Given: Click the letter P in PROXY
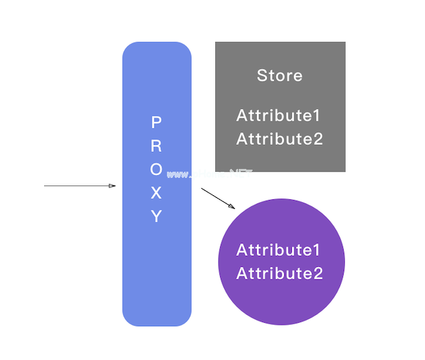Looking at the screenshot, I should click(x=157, y=123).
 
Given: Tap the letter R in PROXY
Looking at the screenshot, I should click(x=157, y=146).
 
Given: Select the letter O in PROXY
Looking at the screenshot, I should click(x=157, y=170).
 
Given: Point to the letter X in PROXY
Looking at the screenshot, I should click(x=157, y=193).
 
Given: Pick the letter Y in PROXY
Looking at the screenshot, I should click(x=157, y=217).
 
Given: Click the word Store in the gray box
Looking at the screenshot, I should click(x=279, y=75).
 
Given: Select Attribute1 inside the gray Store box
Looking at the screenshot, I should click(x=279, y=115).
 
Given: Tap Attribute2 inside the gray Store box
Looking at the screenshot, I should click(x=279, y=139).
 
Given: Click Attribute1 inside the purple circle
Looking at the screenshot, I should click(x=279, y=250).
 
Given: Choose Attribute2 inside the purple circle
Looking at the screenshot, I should click(x=279, y=273).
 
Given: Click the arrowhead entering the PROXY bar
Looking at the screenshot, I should click(x=112, y=186).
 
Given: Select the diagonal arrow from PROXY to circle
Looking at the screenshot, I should click(x=217, y=197).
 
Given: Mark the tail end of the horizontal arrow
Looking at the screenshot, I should click(x=46, y=186).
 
